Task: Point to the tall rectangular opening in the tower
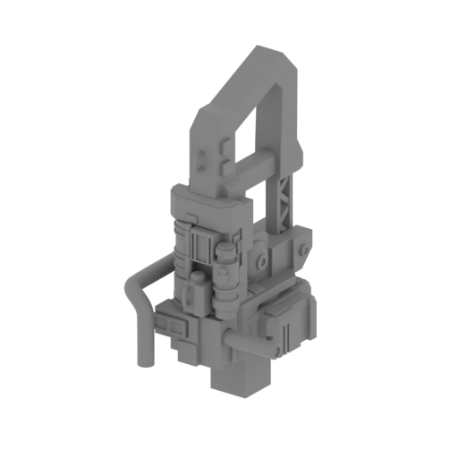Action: tap(270, 125)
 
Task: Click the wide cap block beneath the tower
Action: tap(204, 204)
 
